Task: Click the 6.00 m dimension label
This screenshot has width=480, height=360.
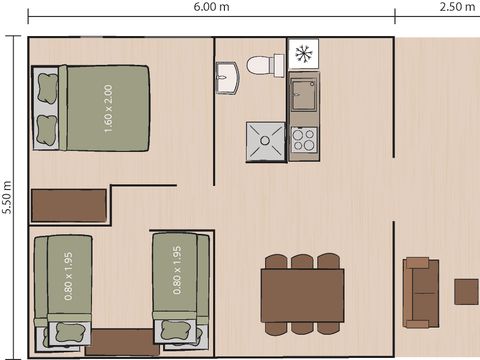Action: pos(214,8)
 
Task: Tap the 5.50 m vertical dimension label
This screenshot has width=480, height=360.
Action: pos(8,198)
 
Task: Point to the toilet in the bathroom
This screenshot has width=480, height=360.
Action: pos(263,65)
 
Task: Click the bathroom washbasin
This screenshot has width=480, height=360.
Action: pos(227,76)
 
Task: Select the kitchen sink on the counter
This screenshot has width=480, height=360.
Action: pos(303,97)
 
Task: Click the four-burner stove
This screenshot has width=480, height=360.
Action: pos(303,140)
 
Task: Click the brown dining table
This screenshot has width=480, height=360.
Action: pos(302,295)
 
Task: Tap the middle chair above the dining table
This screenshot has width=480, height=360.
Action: pos(302,262)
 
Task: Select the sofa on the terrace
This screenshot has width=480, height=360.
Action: pos(420,292)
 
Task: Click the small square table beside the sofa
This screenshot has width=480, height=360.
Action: pos(466,291)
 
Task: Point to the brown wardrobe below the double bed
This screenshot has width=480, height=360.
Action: pos(68,205)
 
